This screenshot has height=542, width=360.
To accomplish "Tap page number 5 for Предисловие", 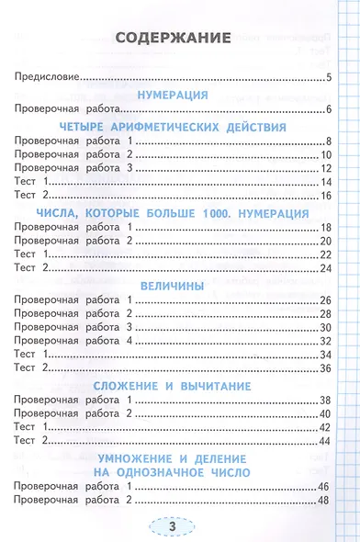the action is click(x=328, y=77).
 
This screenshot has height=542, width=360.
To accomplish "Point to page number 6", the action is click(x=328, y=110).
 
